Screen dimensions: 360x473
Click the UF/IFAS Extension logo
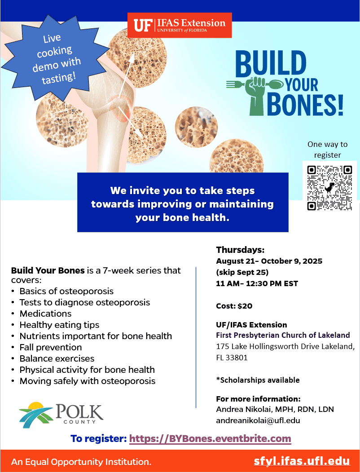(x=180, y=25)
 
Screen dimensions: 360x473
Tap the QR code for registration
(x=329, y=187)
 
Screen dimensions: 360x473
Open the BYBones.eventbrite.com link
(x=210, y=438)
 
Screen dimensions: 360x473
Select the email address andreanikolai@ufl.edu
(x=258, y=420)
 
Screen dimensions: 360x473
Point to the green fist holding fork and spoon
(x=255, y=95)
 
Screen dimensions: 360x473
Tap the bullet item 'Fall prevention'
(x=51, y=347)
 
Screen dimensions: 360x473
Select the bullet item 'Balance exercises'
(x=57, y=358)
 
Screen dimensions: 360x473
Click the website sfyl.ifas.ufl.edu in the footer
(x=302, y=461)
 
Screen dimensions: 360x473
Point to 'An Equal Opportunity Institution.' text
(x=81, y=462)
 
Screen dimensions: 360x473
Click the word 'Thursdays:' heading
(x=240, y=250)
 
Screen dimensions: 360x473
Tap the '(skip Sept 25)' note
(x=242, y=272)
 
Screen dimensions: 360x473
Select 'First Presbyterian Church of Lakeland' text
(x=283, y=335)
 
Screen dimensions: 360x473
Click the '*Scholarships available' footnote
(x=258, y=380)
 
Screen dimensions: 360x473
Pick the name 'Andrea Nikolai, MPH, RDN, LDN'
(x=275, y=409)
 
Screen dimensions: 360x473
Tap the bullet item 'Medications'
(x=45, y=314)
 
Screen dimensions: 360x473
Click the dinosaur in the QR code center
(x=329, y=187)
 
